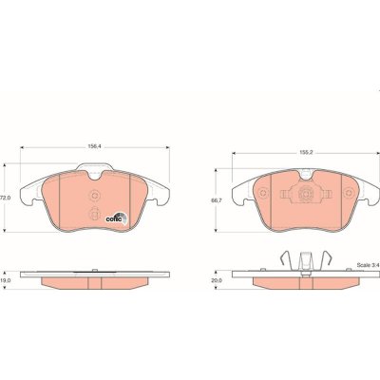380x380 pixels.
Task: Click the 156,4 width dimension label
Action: coord(92,146)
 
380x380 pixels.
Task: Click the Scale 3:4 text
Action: coord(368,265)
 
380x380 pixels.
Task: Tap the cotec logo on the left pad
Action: coord(116,218)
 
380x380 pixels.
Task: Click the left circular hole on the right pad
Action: coord(263,193)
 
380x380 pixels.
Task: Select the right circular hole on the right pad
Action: coord(350,193)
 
